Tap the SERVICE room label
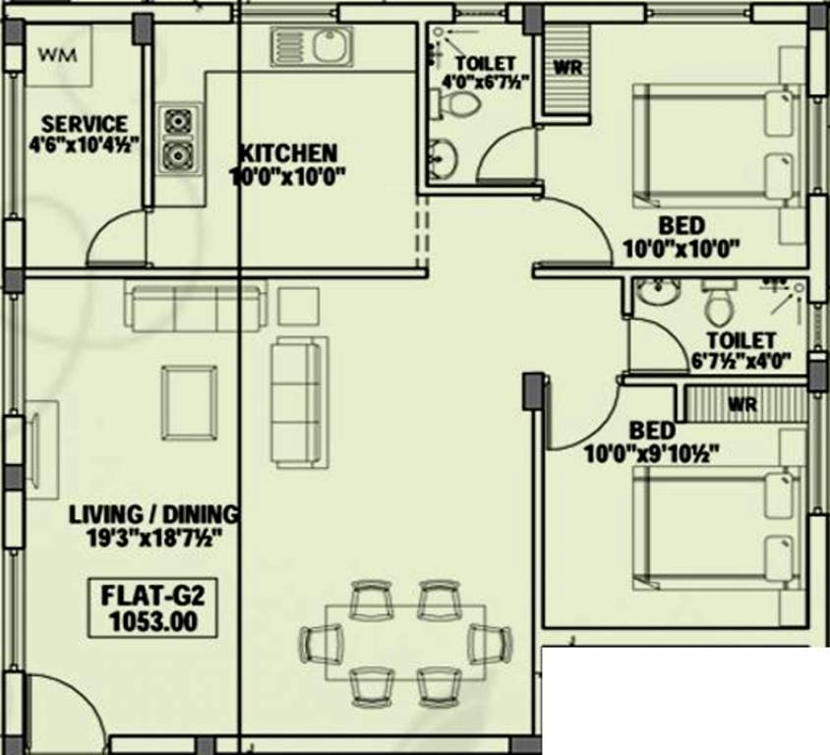click(x=84, y=125)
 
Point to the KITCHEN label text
click(x=288, y=154)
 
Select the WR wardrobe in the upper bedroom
click(x=565, y=69)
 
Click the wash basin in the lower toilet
click(x=653, y=292)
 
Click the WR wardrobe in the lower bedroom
click(x=745, y=403)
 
